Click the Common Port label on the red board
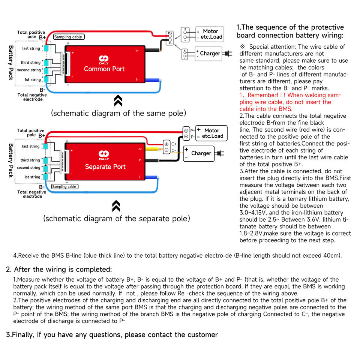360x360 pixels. [x=104, y=69]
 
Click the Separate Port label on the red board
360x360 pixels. [x=105, y=167]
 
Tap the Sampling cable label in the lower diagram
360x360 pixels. [x=64, y=186]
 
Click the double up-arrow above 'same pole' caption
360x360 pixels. [x=118, y=100]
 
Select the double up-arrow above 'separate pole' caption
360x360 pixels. [x=116, y=205]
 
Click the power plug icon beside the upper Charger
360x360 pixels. [x=227, y=54]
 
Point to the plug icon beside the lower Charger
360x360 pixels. [x=220, y=153]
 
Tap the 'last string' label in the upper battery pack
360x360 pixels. [x=31, y=49]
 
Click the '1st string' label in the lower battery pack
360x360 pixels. [x=32, y=177]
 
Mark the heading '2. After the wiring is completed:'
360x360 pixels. [x=59, y=269]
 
